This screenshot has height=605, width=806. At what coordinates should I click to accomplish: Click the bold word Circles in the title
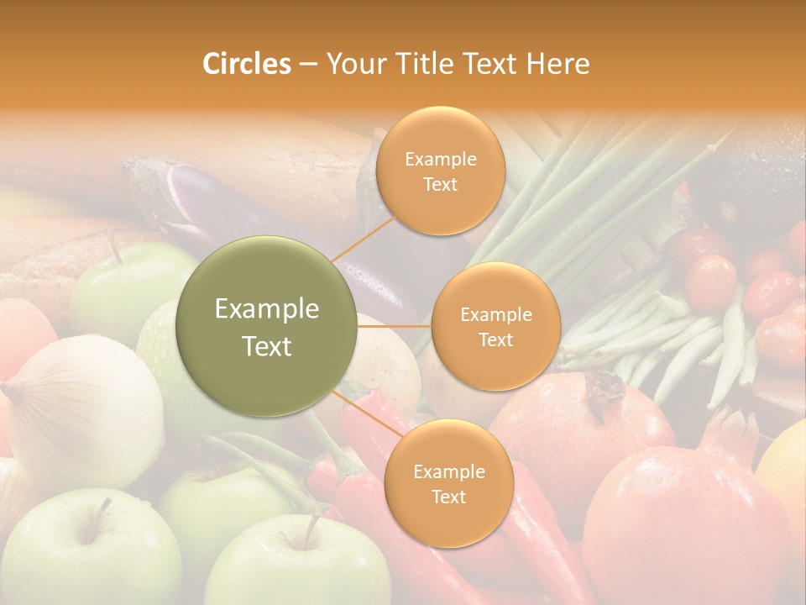pyautogui.click(x=247, y=64)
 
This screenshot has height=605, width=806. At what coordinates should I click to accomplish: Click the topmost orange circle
pyautogui.click(x=440, y=171)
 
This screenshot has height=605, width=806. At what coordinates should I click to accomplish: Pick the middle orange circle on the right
pyautogui.click(x=495, y=326)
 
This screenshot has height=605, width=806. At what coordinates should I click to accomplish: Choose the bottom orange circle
pyautogui.click(x=448, y=483)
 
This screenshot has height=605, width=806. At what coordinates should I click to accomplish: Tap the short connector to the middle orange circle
pyautogui.click(x=394, y=326)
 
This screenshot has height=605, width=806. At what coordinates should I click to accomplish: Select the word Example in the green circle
pyautogui.click(x=267, y=309)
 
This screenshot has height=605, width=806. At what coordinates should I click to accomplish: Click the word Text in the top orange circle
pyautogui.click(x=440, y=184)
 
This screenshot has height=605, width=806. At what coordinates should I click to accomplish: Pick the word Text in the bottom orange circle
pyautogui.click(x=448, y=497)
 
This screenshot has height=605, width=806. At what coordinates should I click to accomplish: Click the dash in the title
pyautogui.click(x=308, y=64)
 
